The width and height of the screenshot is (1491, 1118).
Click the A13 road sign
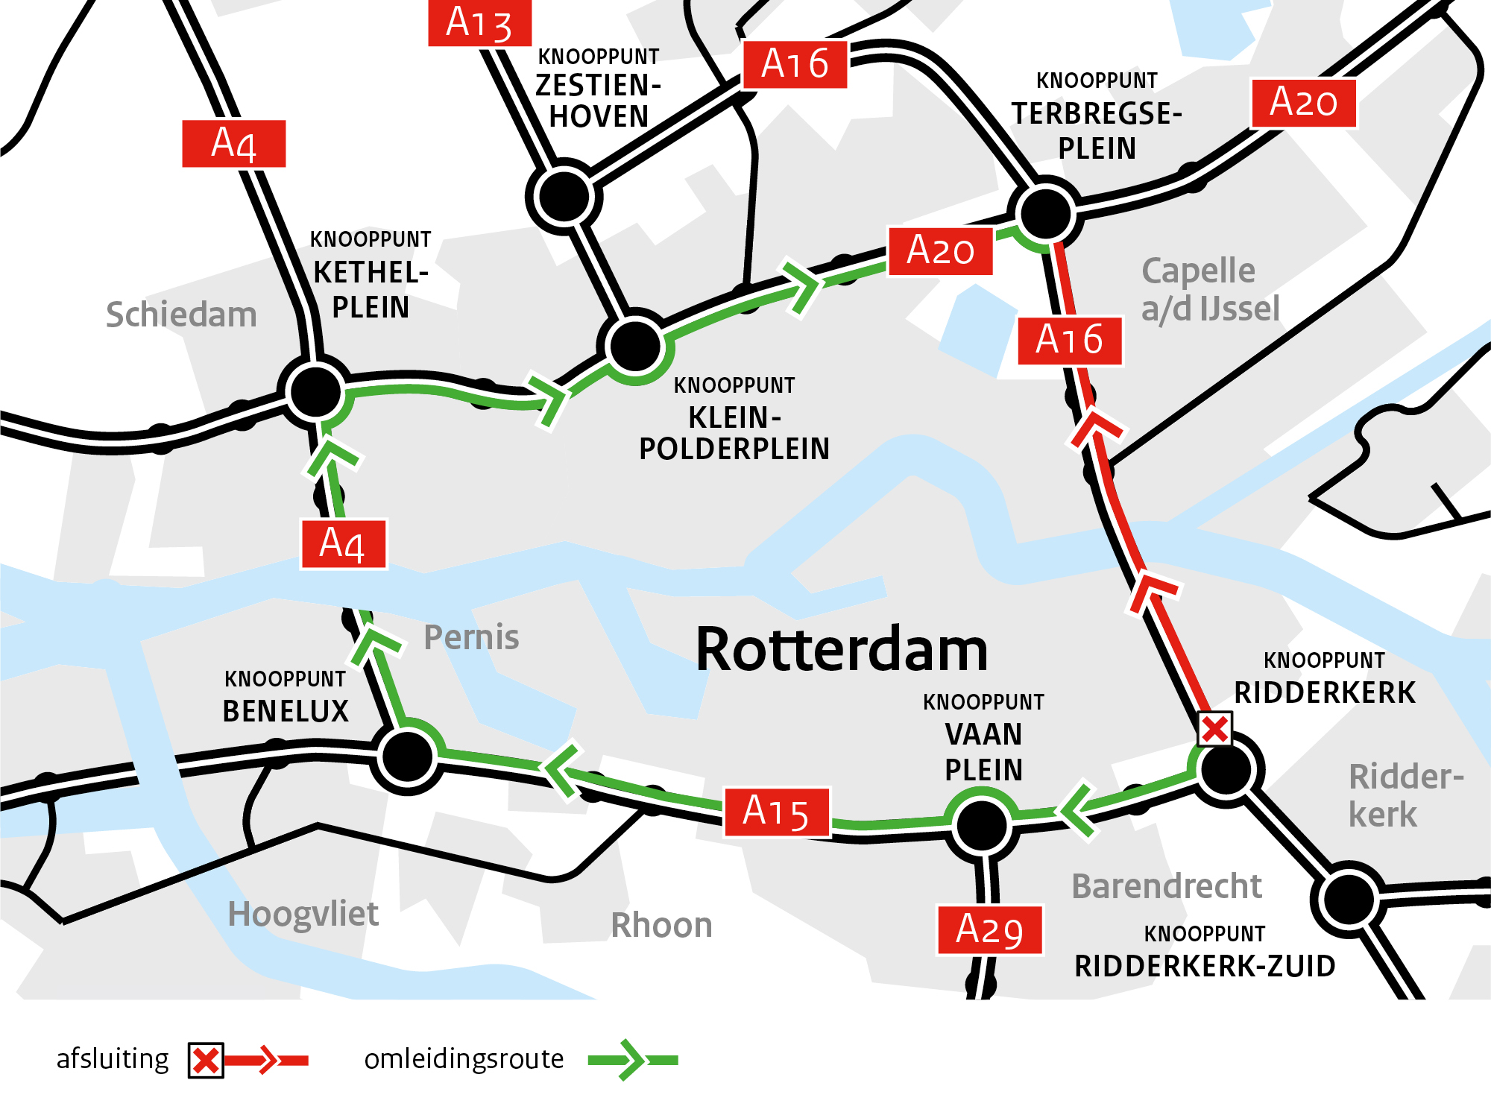pyautogui.click(x=479, y=23)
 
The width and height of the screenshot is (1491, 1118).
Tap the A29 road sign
pyautogui.click(x=989, y=929)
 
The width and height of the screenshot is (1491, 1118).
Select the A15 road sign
pyautogui.click(x=776, y=812)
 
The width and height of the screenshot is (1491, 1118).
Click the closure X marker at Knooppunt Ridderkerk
pyautogui.click(x=1214, y=729)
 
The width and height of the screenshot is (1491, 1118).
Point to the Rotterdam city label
pyautogui.click(x=842, y=650)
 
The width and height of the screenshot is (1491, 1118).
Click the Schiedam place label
pyautogui.click(x=181, y=315)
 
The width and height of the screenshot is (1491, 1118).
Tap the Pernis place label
pyautogui.click(x=471, y=637)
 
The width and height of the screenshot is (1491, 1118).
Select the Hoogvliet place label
pyautogui.click(x=303, y=914)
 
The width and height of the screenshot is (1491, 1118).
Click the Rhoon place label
pyautogui.click(x=661, y=925)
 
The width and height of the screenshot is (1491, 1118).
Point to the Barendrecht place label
pyautogui.click(x=1166, y=886)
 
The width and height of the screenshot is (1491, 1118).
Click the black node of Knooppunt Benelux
pyautogui.click(x=407, y=757)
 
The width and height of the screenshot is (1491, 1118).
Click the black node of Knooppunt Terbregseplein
pyautogui.click(x=1045, y=214)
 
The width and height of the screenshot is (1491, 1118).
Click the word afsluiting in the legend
pyautogui.click(x=113, y=1058)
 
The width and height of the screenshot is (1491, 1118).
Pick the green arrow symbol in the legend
pyautogui.click(x=631, y=1059)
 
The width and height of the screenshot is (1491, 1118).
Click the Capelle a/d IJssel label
pyautogui.click(x=1209, y=289)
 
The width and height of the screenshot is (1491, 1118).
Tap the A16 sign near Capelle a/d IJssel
pyautogui.click(x=1069, y=341)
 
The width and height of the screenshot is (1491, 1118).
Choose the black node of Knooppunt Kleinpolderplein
pyautogui.click(x=634, y=346)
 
